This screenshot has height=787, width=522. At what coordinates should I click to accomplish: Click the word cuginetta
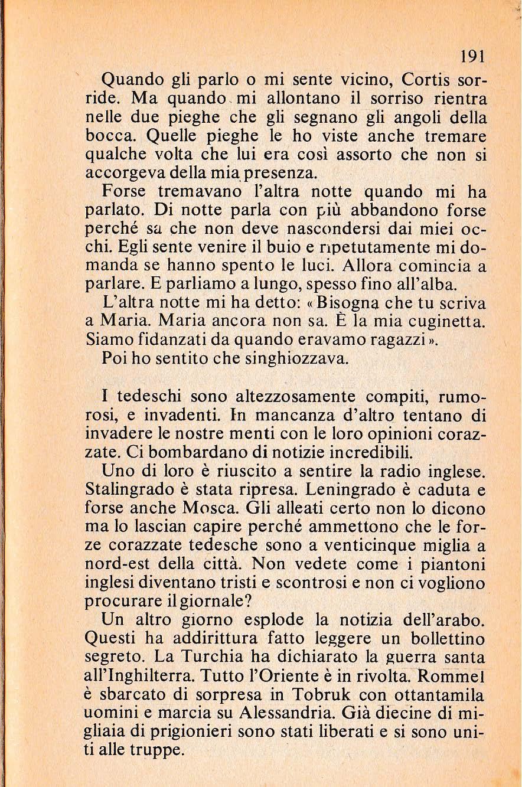click(x=445, y=322)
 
